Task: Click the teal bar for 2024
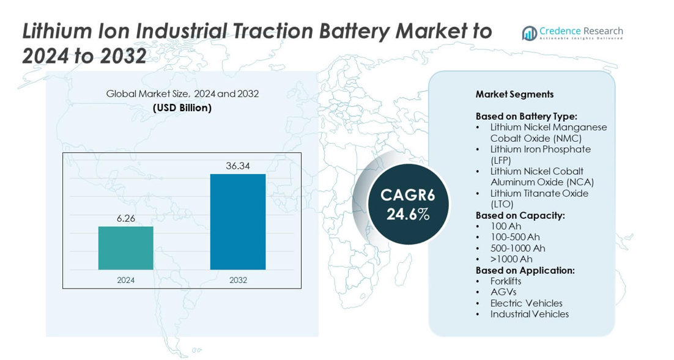coord(125,248)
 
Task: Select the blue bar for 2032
coord(238,222)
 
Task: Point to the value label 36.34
coord(238,166)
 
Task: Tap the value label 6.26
coord(125,219)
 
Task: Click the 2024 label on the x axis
coord(125,280)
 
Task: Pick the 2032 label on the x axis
coord(238,280)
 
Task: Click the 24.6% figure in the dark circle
coord(407,214)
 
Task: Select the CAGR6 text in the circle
coord(407,195)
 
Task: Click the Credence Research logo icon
coord(529,33)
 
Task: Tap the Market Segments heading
coord(514,95)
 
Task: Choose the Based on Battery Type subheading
coord(526,116)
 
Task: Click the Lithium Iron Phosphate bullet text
coord(540,155)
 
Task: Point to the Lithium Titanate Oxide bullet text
coord(539,199)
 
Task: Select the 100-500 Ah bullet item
coord(515,237)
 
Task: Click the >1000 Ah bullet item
coord(511,259)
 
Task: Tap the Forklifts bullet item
coord(505,281)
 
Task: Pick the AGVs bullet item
coord(503,292)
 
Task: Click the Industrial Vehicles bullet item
coord(530,314)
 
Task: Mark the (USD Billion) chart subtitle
coord(182,108)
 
